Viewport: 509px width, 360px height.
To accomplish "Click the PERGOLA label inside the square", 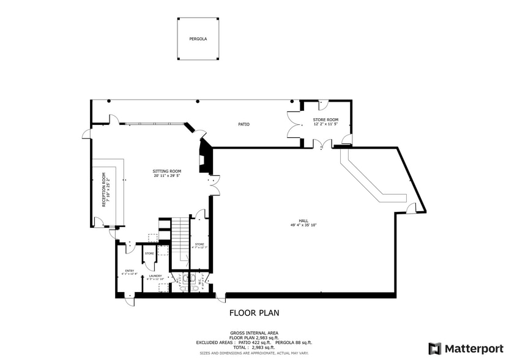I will [198, 39].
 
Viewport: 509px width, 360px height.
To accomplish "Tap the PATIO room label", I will [243, 124].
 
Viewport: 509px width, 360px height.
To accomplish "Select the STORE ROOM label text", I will [325, 119].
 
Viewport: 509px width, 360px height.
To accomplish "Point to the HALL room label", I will [303, 220].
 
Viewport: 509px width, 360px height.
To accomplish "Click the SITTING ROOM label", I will [167, 171].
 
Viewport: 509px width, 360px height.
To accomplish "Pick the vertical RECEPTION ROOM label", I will [104, 192].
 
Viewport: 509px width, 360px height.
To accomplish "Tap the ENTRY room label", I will [129, 270].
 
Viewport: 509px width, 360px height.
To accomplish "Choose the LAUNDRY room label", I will [155, 276].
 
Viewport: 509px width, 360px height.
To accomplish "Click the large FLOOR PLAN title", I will [254, 313].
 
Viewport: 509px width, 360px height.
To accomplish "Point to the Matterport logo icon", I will [435, 348].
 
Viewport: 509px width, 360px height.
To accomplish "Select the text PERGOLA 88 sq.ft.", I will [294, 342].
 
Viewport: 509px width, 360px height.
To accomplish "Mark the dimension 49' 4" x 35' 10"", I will [303, 225].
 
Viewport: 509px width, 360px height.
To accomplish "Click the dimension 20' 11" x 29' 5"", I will [167, 176].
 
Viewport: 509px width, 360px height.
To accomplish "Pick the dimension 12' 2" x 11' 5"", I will [325, 124].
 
